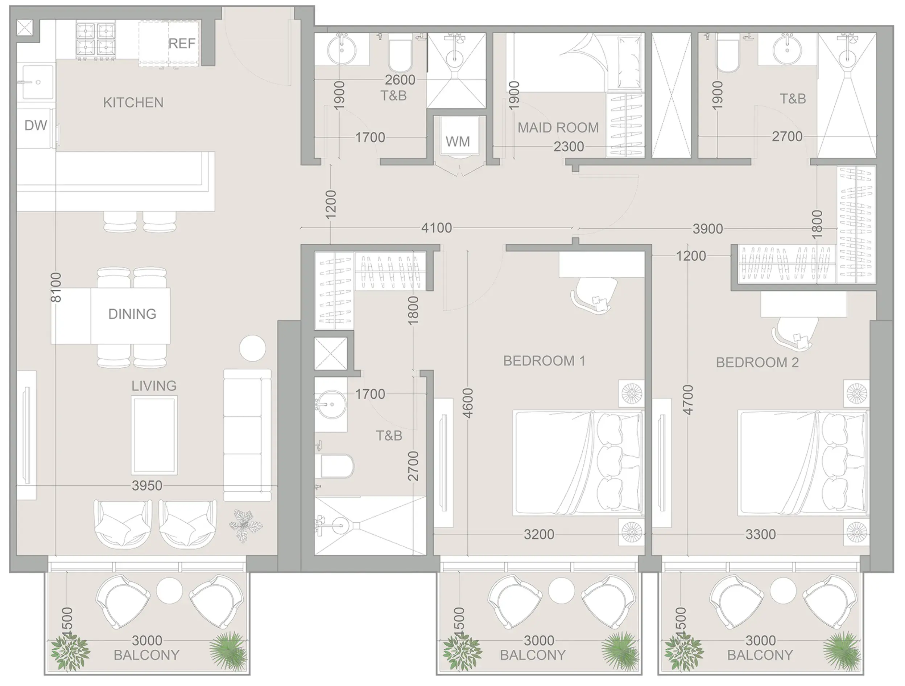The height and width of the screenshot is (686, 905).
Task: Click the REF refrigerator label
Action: click(x=182, y=44)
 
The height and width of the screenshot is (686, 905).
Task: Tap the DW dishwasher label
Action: click(x=36, y=125)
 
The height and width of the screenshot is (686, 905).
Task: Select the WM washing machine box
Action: click(x=458, y=141)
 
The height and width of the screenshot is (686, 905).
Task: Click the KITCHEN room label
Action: click(x=133, y=102)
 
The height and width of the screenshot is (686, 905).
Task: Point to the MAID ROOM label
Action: click(x=558, y=128)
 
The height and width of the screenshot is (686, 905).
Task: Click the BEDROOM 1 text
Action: click(x=544, y=361)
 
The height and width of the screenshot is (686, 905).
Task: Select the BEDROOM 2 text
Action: click(x=757, y=363)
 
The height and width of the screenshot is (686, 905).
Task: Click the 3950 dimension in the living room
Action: click(x=147, y=486)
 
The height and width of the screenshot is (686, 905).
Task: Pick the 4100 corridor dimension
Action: click(x=437, y=228)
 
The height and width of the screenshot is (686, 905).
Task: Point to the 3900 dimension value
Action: click(x=707, y=229)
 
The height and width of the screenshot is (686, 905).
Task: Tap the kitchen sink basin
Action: click(x=38, y=82)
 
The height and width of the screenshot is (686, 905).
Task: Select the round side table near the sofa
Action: click(x=252, y=348)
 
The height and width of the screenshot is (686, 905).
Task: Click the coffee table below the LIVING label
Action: click(x=154, y=435)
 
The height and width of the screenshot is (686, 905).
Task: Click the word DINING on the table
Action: click(x=132, y=314)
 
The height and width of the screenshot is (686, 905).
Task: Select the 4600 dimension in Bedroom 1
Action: click(x=468, y=403)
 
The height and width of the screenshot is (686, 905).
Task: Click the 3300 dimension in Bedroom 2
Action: click(x=760, y=535)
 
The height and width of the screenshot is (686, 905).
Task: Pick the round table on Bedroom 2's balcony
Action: click(x=783, y=591)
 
